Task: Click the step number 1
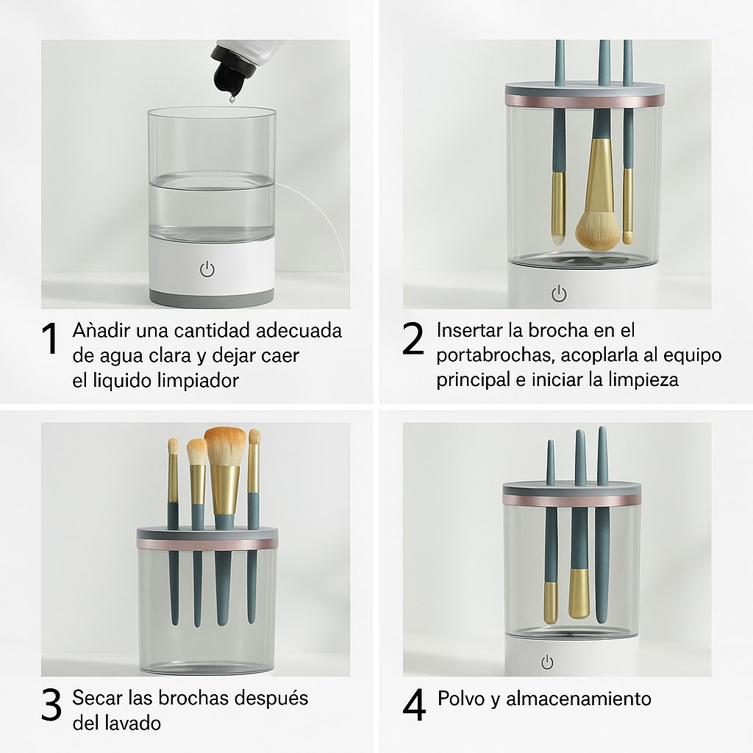click(50, 338)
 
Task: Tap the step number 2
click(413, 338)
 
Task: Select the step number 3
click(51, 704)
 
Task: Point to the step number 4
click(414, 704)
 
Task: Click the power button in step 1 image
click(207, 269)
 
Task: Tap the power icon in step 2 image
click(559, 293)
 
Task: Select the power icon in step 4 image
click(547, 663)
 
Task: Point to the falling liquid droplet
click(232, 99)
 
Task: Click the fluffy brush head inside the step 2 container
click(598, 230)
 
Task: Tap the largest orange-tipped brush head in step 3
click(225, 446)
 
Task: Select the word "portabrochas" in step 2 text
click(496, 355)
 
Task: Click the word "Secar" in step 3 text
click(98, 698)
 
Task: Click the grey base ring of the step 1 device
click(212, 298)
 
